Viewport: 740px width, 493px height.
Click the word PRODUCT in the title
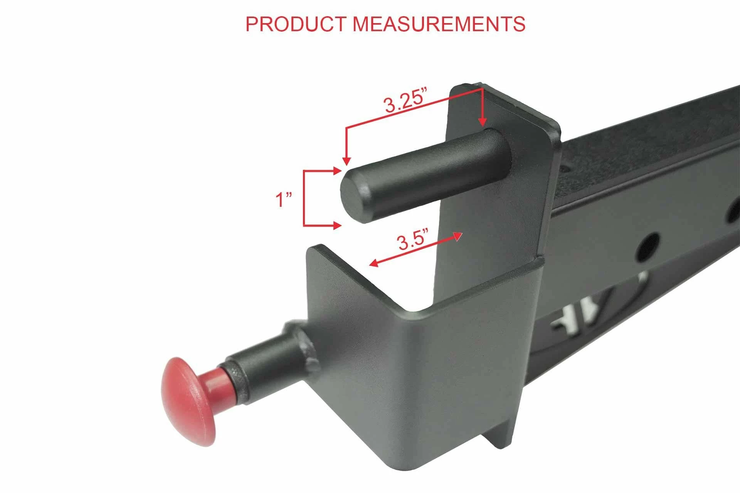(296, 24)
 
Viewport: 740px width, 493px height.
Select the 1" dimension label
(283, 200)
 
